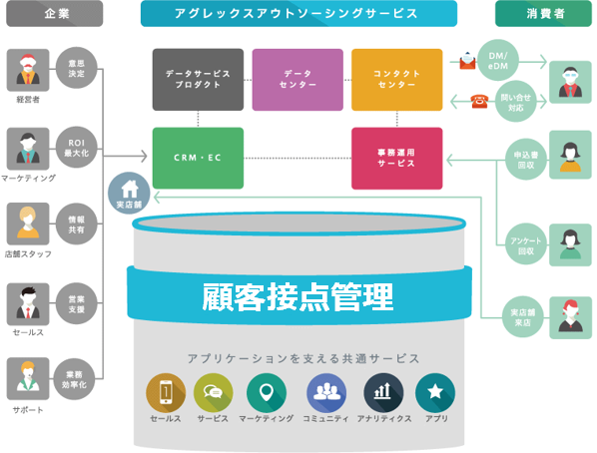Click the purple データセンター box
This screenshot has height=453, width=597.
pos(298,80)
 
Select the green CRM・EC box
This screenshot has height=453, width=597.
pos(198,158)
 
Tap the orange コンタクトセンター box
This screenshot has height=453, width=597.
pos(396,80)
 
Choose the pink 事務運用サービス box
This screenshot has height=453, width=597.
pos(396,158)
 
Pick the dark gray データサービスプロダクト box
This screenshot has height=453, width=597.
pos(198,80)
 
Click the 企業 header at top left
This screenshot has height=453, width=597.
pos(55,14)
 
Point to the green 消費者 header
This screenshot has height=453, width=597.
pos(543,14)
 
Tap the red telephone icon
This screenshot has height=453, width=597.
pos(479,101)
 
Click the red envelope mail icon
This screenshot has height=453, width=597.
pos(467,60)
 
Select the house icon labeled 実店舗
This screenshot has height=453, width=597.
pos(129,193)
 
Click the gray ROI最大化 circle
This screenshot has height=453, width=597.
pos(77,148)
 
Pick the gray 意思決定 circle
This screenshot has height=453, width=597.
pos(77,68)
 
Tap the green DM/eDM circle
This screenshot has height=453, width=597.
pos(498,61)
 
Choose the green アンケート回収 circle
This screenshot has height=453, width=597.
pos(526,245)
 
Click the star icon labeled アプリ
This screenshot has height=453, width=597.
pos(435,393)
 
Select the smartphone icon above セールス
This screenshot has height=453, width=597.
pos(166,393)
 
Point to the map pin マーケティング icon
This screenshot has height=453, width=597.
pos(267,393)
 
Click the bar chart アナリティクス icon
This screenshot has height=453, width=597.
pos(383,393)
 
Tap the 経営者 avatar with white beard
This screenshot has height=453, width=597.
pos(28,70)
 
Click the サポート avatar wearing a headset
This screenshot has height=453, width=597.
pos(28,378)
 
